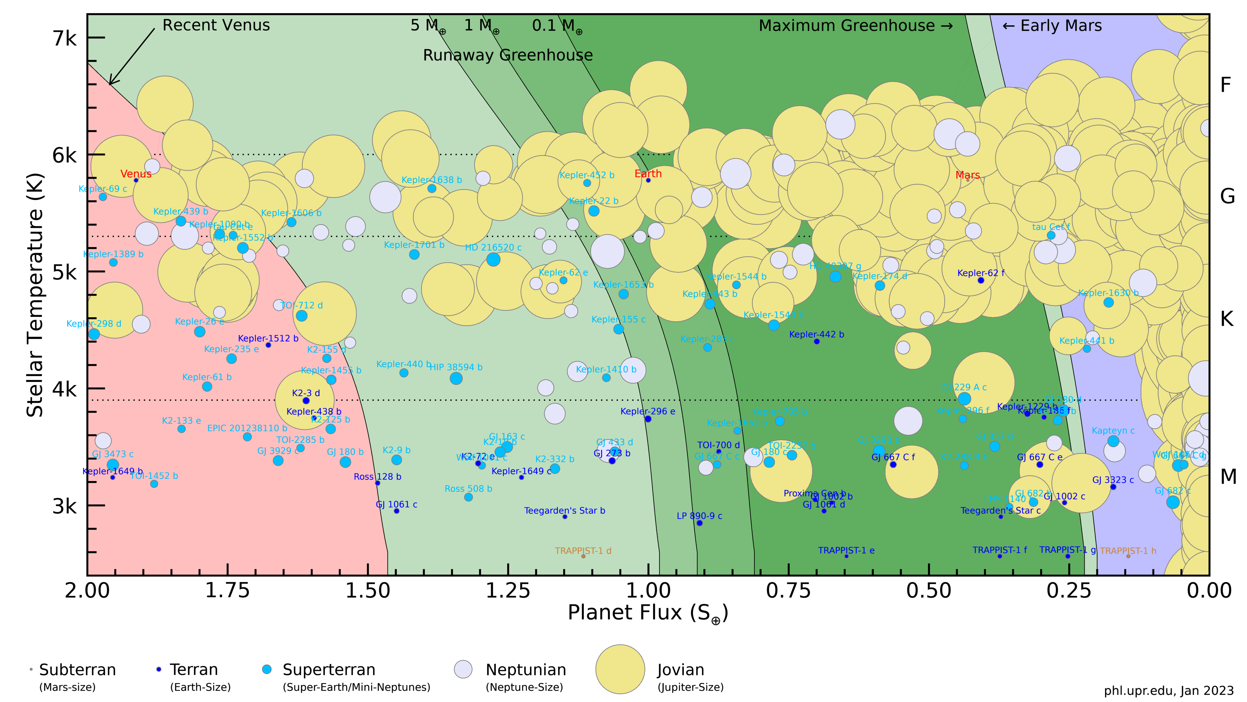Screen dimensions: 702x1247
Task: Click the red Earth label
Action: [x=648, y=174]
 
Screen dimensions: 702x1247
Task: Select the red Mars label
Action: [x=967, y=175]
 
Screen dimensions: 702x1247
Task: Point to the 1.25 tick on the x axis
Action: [x=508, y=590]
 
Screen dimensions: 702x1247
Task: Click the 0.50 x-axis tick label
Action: [x=928, y=590]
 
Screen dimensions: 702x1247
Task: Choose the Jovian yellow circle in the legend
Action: [x=620, y=669]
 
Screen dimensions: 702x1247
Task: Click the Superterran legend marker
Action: [x=267, y=669]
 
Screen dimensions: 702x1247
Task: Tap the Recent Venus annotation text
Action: [x=216, y=25]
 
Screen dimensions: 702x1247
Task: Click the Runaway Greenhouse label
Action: [x=508, y=55]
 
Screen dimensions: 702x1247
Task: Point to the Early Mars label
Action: [x=1052, y=26]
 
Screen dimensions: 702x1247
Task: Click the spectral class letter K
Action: [x=1227, y=319]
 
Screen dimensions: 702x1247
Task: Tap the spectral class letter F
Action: [x=1225, y=85]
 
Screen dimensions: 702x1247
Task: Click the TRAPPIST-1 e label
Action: [x=846, y=550]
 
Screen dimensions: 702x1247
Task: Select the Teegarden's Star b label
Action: [x=564, y=511]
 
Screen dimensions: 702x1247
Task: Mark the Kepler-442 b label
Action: [x=816, y=334]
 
